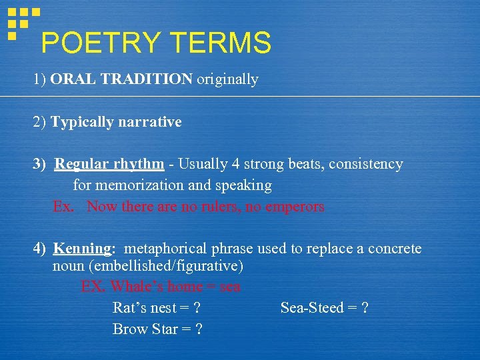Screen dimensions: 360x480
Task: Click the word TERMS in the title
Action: pyautogui.click(x=221, y=43)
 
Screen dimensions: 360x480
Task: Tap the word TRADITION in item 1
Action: pyautogui.click(x=146, y=79)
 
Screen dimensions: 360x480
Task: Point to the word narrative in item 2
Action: pyautogui.click(x=149, y=122)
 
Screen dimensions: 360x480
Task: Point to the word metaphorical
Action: pyautogui.click(x=166, y=249)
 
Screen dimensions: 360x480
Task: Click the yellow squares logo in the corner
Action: pyautogui.click(x=23, y=21)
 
